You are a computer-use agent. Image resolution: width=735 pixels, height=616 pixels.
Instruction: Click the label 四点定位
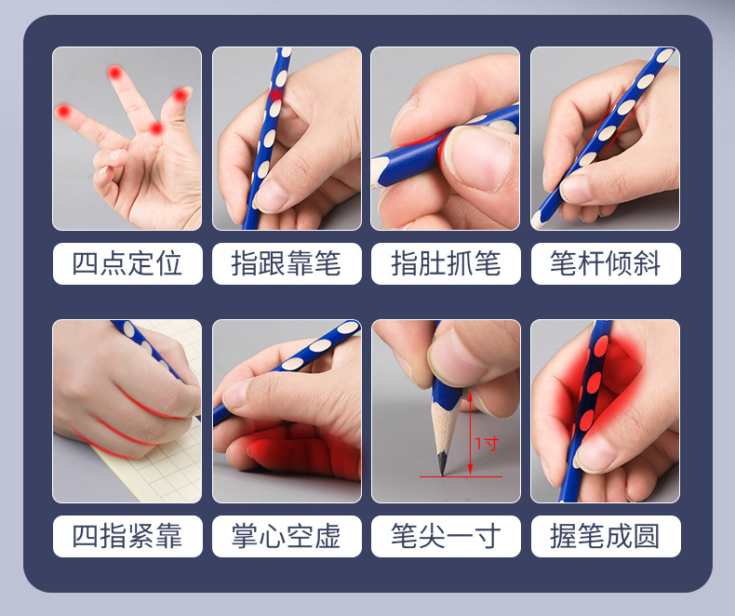click(x=127, y=263)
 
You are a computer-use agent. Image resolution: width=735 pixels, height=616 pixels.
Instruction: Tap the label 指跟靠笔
click(x=286, y=263)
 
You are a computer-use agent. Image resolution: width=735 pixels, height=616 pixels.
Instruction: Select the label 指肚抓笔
click(x=446, y=263)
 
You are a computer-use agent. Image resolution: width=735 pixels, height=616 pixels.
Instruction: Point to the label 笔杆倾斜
click(x=605, y=263)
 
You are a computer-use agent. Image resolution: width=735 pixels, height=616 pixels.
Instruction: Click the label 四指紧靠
click(x=127, y=536)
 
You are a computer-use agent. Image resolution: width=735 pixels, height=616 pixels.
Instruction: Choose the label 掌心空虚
click(x=286, y=536)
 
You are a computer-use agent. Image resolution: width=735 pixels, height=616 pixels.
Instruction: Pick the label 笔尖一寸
click(x=446, y=536)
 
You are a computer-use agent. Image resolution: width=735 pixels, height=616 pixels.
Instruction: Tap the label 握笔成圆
click(x=605, y=536)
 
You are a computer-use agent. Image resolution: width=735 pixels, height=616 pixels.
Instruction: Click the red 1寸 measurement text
click(x=487, y=444)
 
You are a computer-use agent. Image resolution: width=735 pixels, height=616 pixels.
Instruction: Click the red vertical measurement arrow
click(x=470, y=433)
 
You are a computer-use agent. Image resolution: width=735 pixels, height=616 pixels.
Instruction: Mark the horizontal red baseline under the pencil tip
click(x=461, y=476)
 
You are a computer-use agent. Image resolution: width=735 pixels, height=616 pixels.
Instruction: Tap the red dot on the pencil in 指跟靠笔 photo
click(x=275, y=95)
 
